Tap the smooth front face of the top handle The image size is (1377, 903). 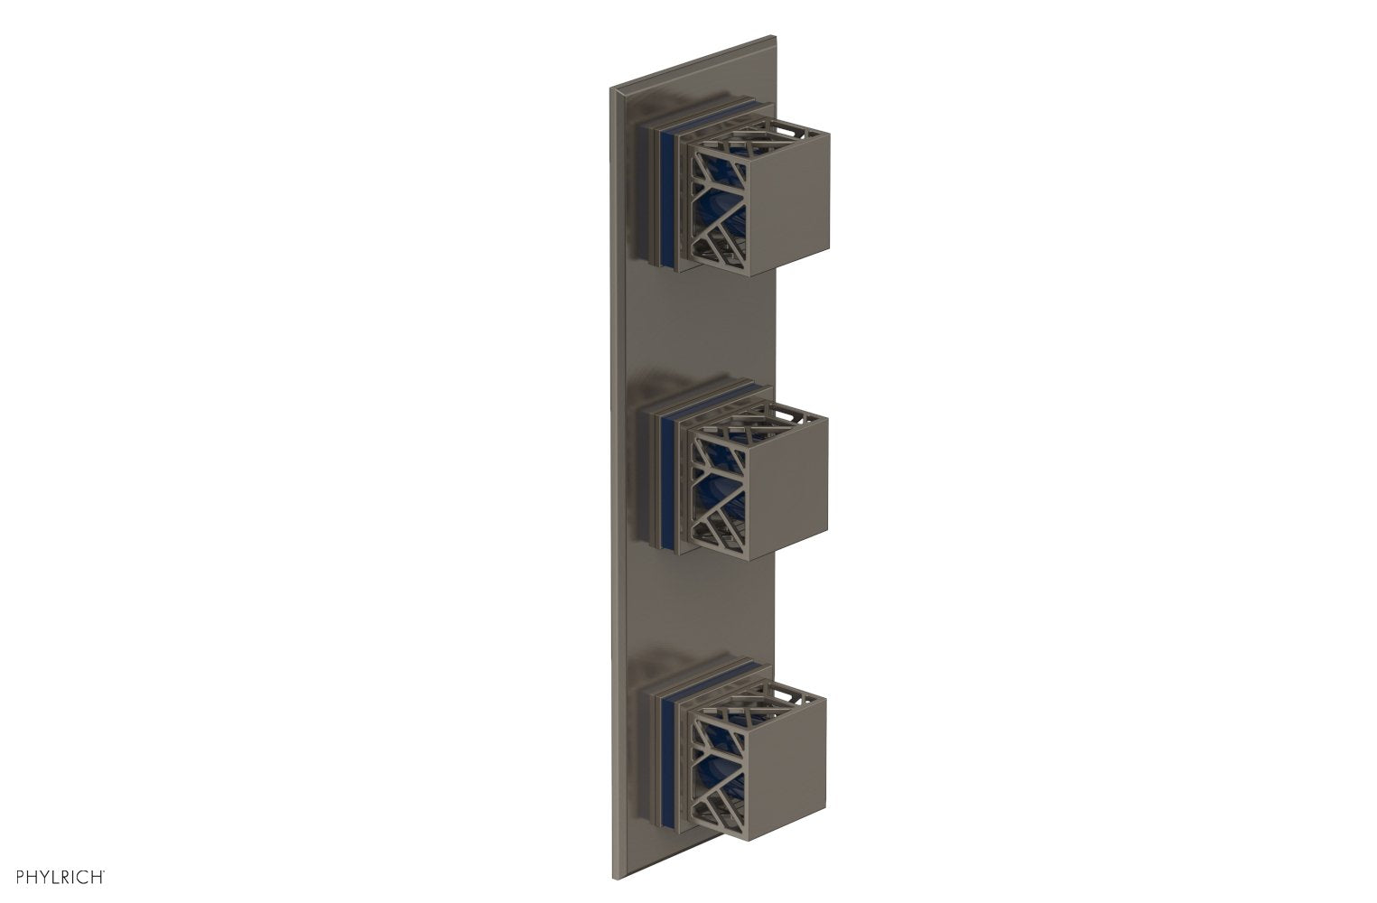(x=790, y=188)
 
